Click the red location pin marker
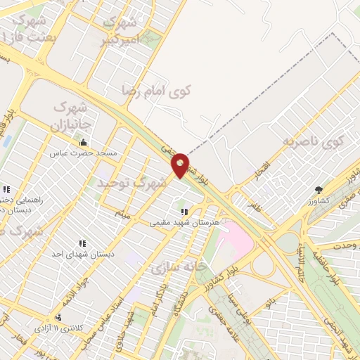(x=181, y=165)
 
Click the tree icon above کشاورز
(x=319, y=189)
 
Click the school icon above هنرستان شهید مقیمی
(x=184, y=211)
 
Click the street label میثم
(x=123, y=212)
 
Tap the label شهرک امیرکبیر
(x=124, y=30)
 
